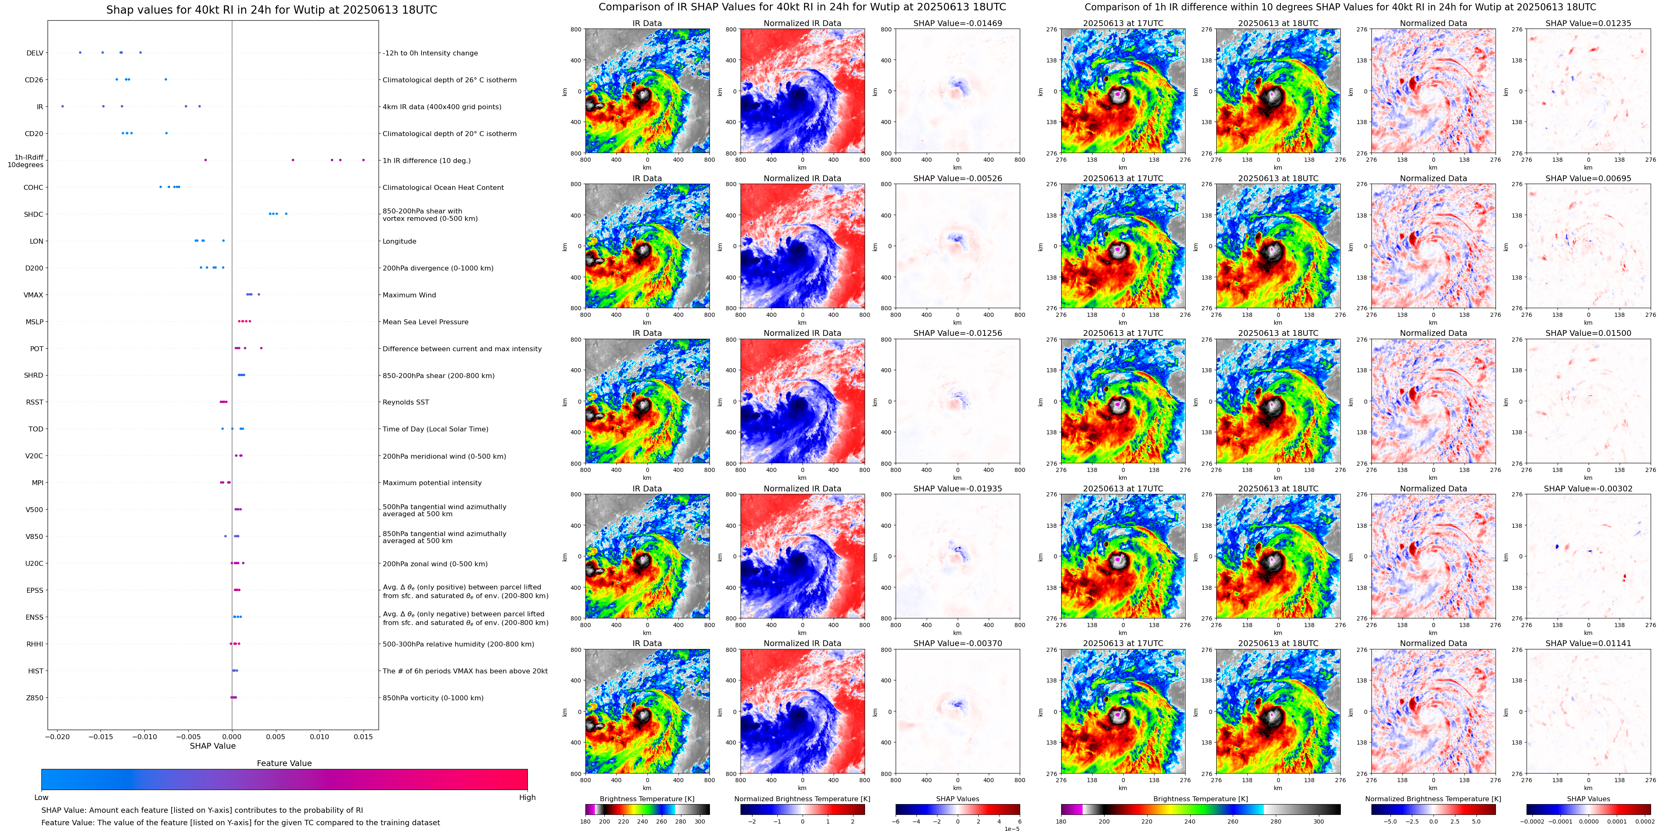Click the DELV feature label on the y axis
35,53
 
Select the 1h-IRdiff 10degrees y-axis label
26,160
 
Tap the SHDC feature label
34,214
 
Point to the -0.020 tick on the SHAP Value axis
58,736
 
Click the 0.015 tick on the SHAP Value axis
363,736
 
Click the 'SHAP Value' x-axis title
213,746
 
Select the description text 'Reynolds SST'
405,402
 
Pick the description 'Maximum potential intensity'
432,483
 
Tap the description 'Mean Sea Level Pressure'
426,322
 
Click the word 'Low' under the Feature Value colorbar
41,797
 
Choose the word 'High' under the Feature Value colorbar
527,797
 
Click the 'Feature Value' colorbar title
284,763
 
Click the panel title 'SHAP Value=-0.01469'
958,23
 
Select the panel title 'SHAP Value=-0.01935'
958,489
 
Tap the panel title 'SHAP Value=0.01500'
1588,333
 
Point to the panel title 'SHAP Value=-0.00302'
1588,489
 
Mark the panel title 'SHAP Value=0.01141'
1588,643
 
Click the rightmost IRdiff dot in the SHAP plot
364,160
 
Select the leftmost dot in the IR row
62,106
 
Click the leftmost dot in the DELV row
80,52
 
